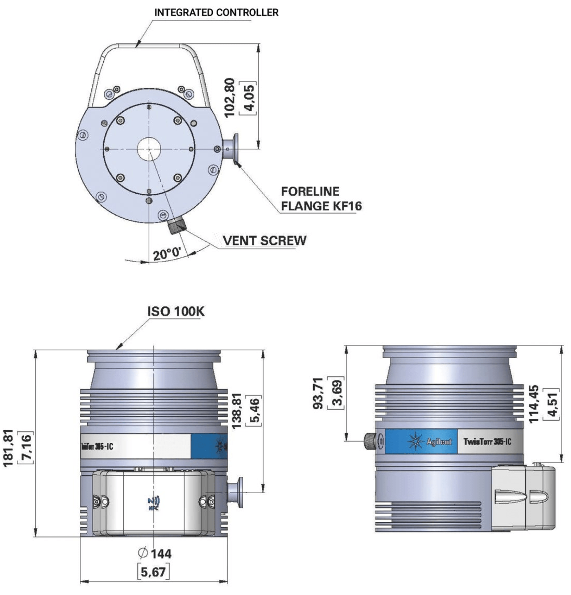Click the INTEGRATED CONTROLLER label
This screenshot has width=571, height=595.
pyautogui.click(x=216, y=12)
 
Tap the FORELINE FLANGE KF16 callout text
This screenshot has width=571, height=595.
pyautogui.click(x=321, y=199)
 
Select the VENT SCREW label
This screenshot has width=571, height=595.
pyautogui.click(x=265, y=240)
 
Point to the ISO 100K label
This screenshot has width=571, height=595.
pyautogui.click(x=176, y=311)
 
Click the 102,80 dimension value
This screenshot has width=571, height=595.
pyautogui.click(x=230, y=98)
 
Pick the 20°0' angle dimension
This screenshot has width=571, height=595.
pyautogui.click(x=167, y=253)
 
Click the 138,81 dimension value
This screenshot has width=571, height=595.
pyautogui.click(x=236, y=411)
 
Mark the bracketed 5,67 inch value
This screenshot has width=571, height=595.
pyautogui.click(x=153, y=572)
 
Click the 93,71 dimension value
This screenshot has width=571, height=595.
pyautogui.click(x=318, y=393)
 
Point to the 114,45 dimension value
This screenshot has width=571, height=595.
pyautogui.click(x=534, y=404)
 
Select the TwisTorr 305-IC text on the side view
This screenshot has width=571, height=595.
pyautogui.click(x=487, y=442)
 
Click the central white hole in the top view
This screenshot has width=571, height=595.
pyautogui.click(x=149, y=149)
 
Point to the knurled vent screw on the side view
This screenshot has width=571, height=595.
pyautogui.click(x=370, y=441)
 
